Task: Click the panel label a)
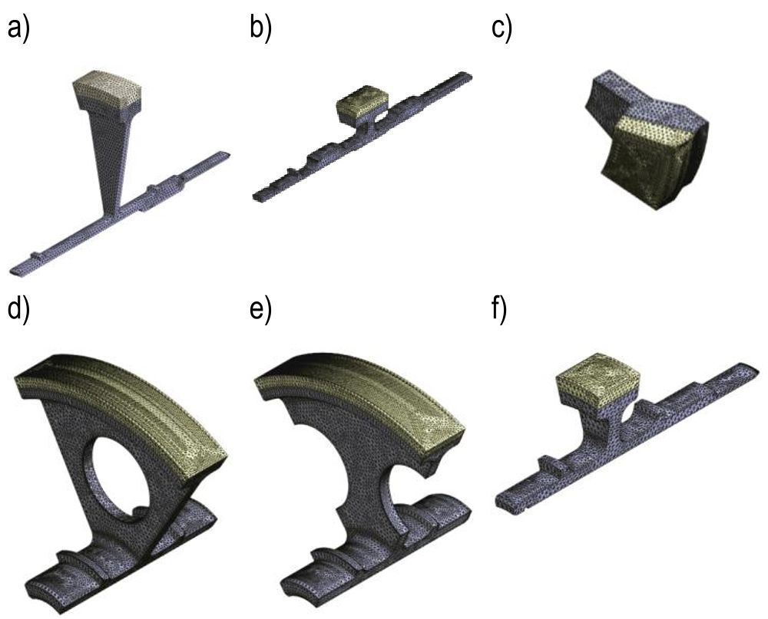[x=18, y=28]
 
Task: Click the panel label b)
[x=260, y=28]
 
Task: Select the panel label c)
[x=502, y=28]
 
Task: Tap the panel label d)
[x=18, y=309]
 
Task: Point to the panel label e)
[x=260, y=309]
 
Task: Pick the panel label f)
[x=499, y=309]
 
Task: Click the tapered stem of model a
[x=111, y=156]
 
